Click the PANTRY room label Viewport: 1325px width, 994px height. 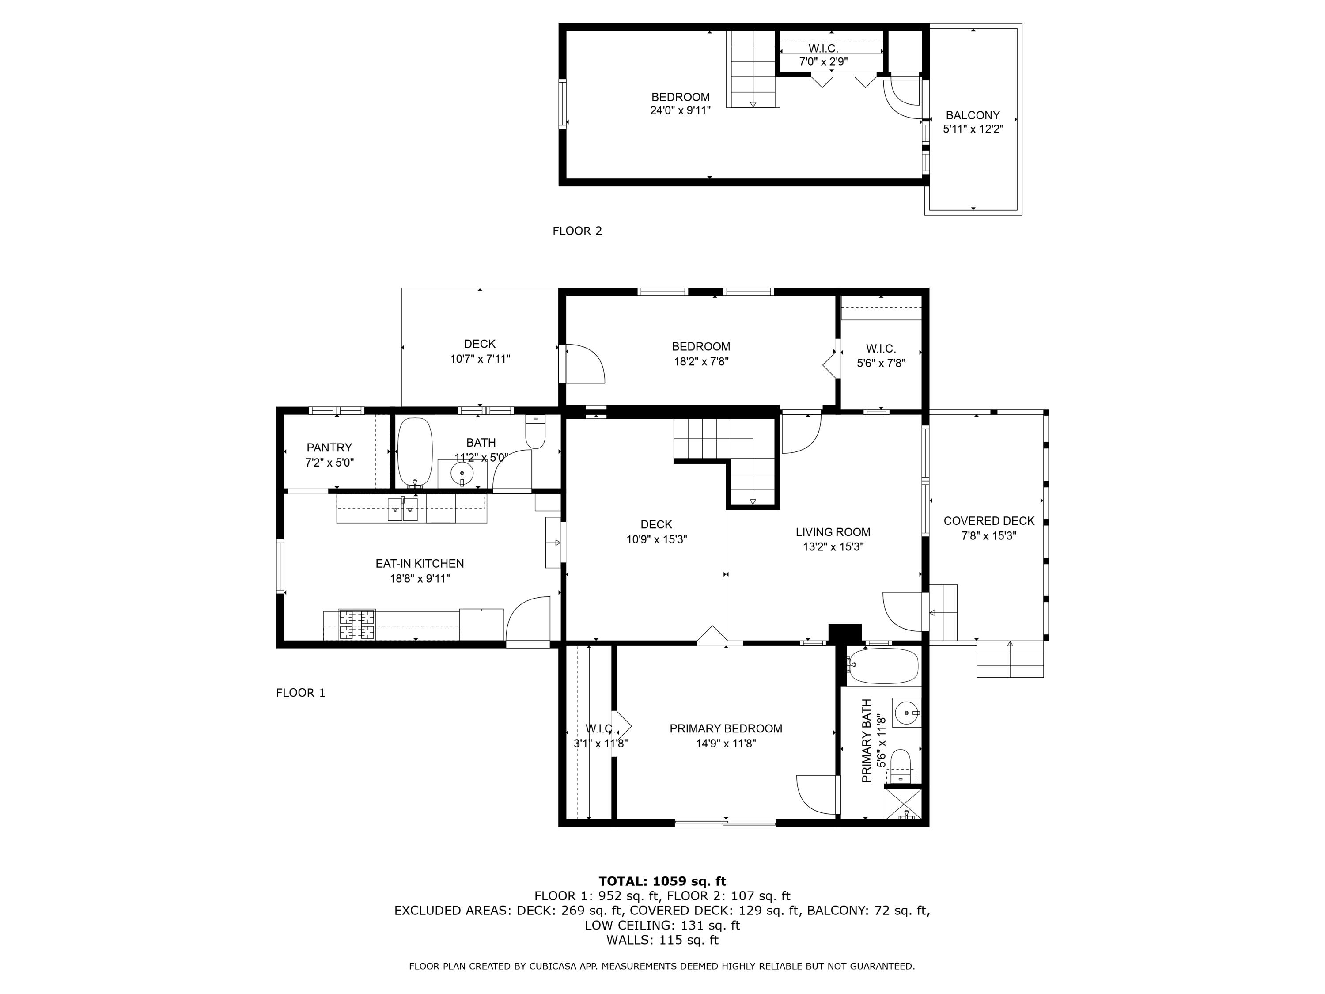(329, 448)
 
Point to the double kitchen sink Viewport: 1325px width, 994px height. (402, 510)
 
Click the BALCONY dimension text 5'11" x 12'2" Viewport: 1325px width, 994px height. (973, 129)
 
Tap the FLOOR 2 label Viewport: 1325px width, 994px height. (577, 231)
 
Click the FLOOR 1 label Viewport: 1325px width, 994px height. (300, 693)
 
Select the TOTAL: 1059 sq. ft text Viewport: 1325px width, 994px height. (662, 881)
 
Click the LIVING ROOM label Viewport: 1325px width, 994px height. (833, 531)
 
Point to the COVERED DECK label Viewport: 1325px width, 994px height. (988, 521)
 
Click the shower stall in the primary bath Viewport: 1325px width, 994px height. (903, 804)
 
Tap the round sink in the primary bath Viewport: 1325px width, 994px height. (906, 713)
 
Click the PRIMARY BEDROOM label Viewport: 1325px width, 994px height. (725, 728)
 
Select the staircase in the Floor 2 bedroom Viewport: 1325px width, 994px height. (753, 69)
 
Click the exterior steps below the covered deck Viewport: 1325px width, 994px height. (1010, 659)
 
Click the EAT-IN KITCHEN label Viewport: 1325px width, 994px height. (419, 563)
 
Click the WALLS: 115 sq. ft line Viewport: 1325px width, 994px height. (662, 940)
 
